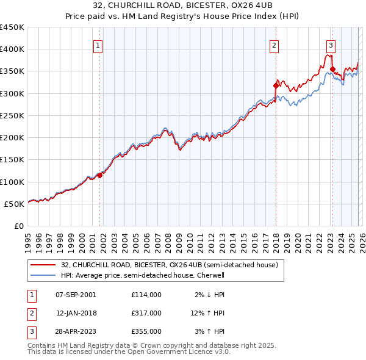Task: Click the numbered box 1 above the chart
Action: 98,45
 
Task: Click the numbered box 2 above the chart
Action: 274,45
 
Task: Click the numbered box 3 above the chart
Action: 331,45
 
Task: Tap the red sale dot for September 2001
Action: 99,176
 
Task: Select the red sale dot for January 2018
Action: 276,86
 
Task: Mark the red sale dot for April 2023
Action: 332,69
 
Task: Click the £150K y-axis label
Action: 12,160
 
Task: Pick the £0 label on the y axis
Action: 19,226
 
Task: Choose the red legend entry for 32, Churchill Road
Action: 169,265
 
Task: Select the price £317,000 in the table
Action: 146,313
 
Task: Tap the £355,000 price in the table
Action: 146,331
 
